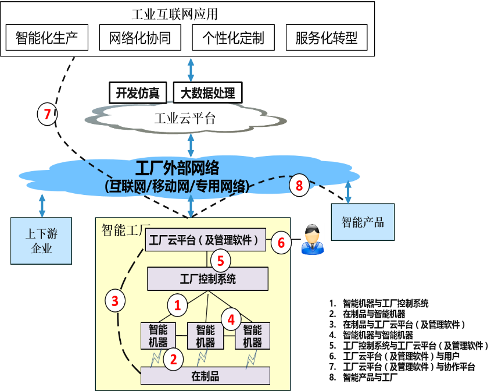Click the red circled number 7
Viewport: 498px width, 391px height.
47,113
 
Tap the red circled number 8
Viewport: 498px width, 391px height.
299,186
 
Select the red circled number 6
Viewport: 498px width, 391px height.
281,242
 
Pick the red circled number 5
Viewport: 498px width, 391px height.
220,260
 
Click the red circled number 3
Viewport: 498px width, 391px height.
115,300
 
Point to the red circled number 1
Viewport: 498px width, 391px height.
178,304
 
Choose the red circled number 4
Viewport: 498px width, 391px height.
231,319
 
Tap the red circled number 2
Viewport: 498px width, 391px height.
173,358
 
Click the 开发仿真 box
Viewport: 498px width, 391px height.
138,93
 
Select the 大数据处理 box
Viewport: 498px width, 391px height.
208,93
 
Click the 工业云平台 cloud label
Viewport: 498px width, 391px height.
185,119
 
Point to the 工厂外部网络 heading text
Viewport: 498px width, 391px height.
177,169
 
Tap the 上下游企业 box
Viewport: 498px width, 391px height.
41,241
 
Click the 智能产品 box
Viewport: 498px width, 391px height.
363,222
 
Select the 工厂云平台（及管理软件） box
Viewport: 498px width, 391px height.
205,239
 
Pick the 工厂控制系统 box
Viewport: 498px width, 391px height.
207,279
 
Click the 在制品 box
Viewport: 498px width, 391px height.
205,375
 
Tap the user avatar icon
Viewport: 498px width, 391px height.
313,239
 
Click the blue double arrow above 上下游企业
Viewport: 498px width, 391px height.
42,205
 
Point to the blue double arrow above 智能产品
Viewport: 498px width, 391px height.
348,191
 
